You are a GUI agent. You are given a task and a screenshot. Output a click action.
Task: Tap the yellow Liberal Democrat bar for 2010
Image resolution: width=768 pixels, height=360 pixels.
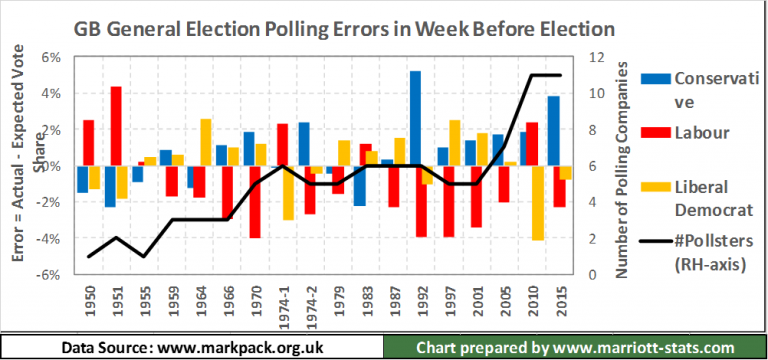[x=538, y=203]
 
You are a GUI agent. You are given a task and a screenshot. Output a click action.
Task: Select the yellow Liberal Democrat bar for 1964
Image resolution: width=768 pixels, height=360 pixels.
[x=205, y=142]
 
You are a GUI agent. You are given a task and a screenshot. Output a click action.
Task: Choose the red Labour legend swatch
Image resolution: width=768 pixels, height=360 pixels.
[x=654, y=132]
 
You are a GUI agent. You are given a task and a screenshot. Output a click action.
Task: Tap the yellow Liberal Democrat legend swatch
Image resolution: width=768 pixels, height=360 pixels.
[x=654, y=186]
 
